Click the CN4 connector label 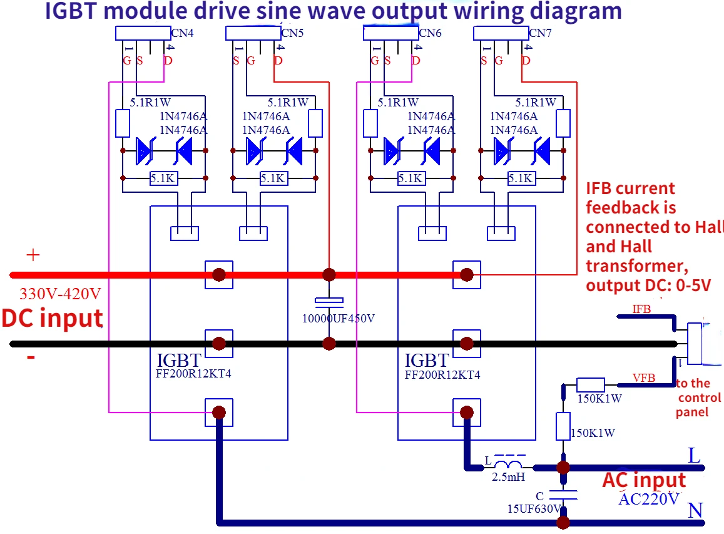pyautogui.click(x=182, y=33)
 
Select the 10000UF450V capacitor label pyautogui.click(x=339, y=318)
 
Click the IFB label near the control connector pyautogui.click(x=641, y=309)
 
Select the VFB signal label pyautogui.click(x=644, y=377)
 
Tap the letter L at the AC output pyautogui.click(x=694, y=456)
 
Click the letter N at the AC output pyautogui.click(x=695, y=511)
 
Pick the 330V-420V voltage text pyautogui.click(x=60, y=294)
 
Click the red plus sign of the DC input pyautogui.click(x=33, y=255)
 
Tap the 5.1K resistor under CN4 pyautogui.click(x=163, y=178)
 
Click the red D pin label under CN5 pyautogui.click(x=278, y=61)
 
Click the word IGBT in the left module pyautogui.click(x=179, y=361)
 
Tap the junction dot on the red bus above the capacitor pyautogui.click(x=329, y=274)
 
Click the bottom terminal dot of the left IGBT pyautogui.click(x=219, y=412)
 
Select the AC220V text pyautogui.click(x=649, y=499)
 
